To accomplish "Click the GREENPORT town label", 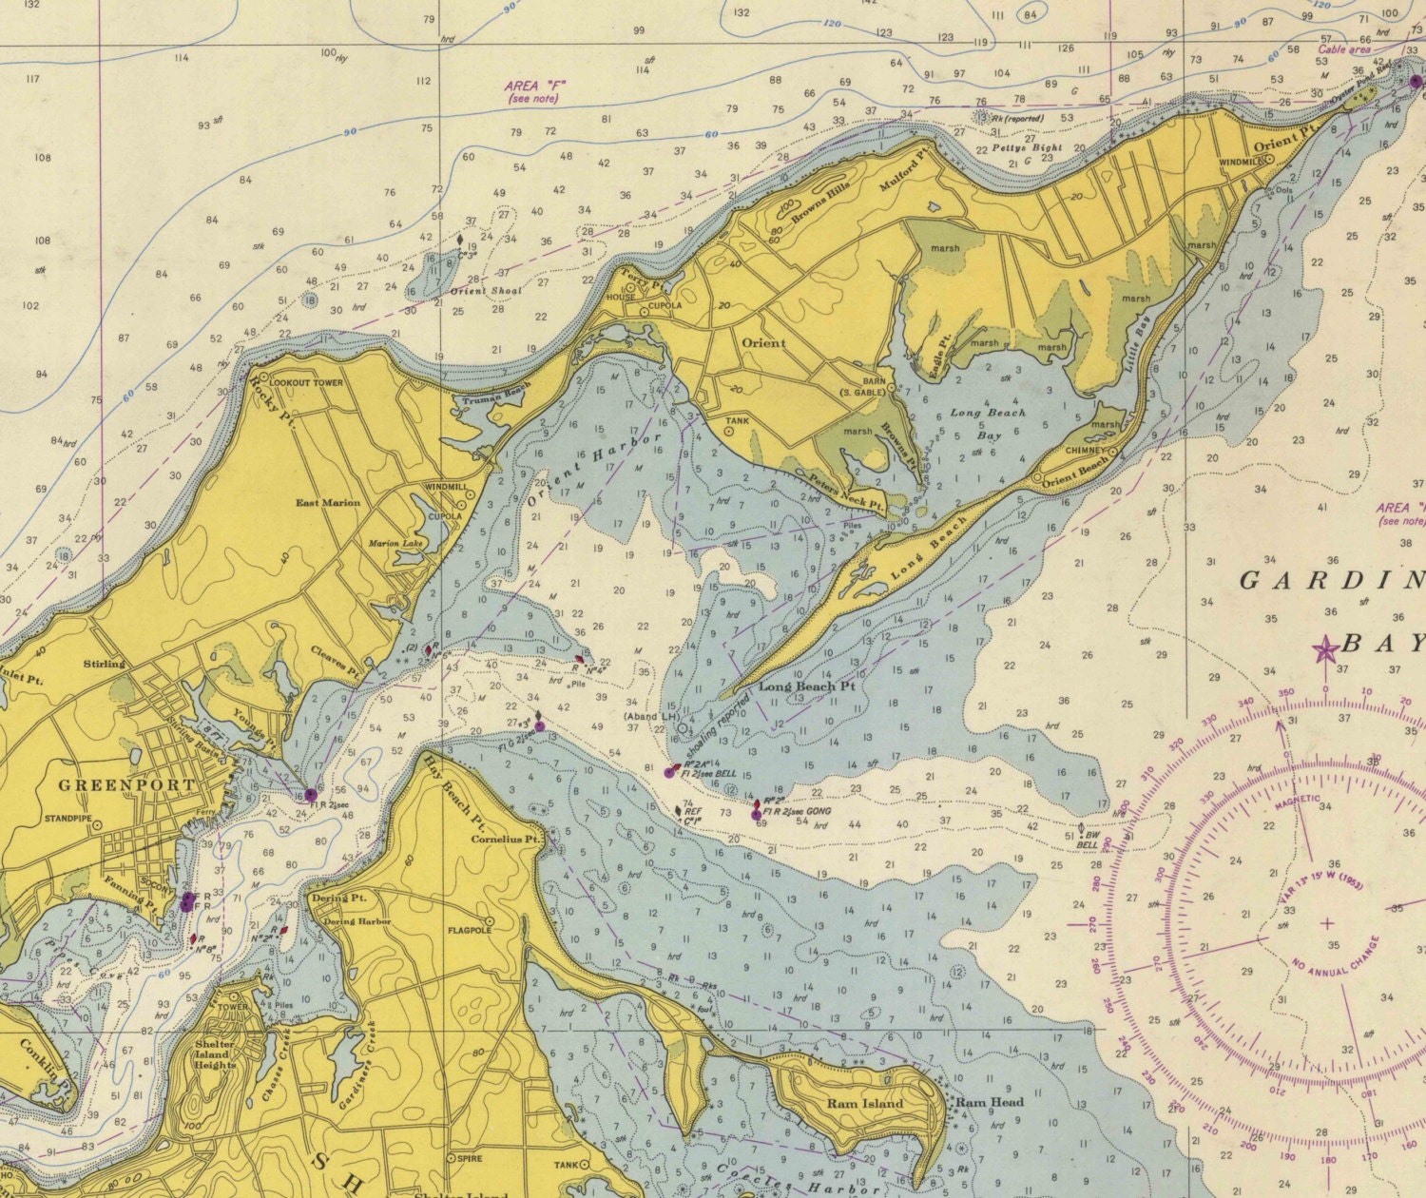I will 126,785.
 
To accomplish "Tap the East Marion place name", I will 327,503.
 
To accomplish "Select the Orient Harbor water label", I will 594,470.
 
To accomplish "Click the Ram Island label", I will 864,1104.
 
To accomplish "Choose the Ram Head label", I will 990,1103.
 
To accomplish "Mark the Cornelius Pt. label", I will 506,840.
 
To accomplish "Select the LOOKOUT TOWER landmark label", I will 306,383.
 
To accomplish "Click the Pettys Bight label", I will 1027,148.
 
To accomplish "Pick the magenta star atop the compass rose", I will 1324,649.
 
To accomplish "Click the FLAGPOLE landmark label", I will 468,932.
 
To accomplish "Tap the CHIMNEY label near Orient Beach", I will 1086,450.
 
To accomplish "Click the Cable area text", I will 1343,49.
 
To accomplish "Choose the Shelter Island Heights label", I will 214,1054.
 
